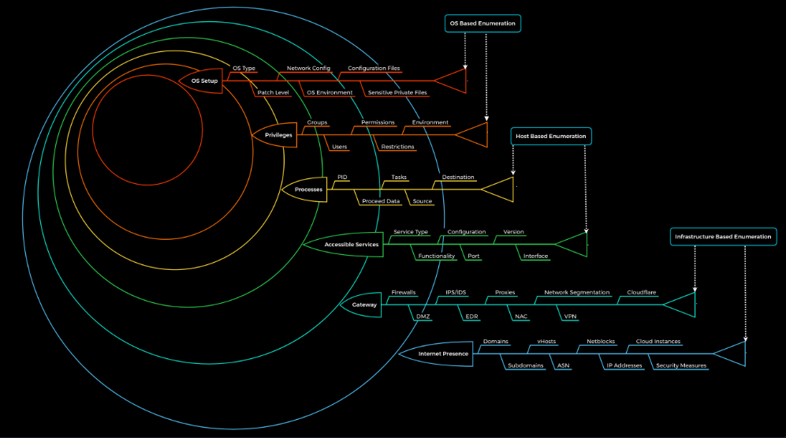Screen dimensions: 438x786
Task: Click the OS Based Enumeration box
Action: (x=482, y=24)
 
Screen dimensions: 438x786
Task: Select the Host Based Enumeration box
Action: (x=551, y=137)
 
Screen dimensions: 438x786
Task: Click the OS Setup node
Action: (x=204, y=80)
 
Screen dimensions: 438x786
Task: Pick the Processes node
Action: (x=308, y=189)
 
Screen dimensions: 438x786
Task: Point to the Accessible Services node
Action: (x=351, y=245)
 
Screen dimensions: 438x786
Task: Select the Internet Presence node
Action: (x=443, y=354)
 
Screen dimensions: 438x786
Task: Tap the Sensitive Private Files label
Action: (x=397, y=92)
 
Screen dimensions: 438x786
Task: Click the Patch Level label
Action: (x=273, y=92)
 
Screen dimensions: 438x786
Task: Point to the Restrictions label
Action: (x=397, y=147)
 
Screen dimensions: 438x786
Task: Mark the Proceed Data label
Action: (x=381, y=201)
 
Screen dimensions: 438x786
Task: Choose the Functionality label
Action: (x=436, y=256)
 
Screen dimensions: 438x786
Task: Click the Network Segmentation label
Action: (x=577, y=293)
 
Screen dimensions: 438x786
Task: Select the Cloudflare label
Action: (x=642, y=293)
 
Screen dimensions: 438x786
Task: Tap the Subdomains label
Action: (x=526, y=365)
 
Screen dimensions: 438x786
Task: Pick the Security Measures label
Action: (x=682, y=365)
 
